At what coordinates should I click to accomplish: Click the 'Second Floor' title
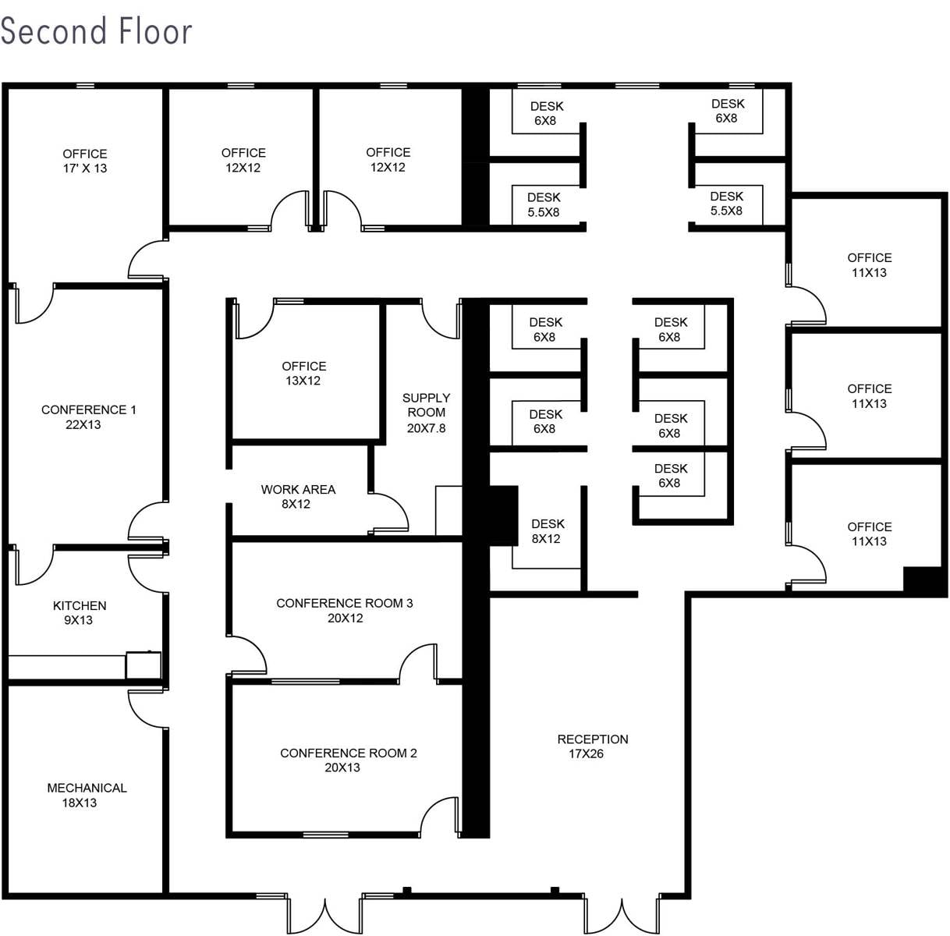[96, 31]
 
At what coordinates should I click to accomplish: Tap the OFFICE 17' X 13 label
[85, 161]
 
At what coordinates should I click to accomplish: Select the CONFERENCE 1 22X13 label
[88, 417]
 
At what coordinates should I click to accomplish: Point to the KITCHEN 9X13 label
[80, 612]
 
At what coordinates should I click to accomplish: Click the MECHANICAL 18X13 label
[87, 795]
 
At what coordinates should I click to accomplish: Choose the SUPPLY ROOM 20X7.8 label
[426, 413]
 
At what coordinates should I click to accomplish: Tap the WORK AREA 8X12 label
[298, 496]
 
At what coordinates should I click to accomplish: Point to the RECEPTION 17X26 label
[592, 746]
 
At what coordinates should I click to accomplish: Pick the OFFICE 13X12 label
[303, 373]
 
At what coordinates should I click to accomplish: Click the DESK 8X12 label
[548, 531]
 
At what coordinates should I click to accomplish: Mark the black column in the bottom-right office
[923, 581]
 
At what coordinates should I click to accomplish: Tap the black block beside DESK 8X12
[503, 516]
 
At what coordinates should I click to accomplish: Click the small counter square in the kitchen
[144, 665]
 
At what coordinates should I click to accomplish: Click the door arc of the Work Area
[390, 512]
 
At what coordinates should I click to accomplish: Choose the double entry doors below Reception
[622, 915]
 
